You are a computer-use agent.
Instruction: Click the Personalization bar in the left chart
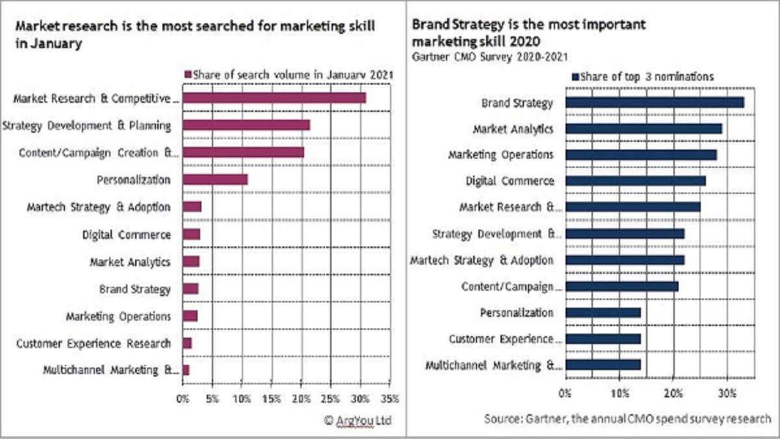point(215,180)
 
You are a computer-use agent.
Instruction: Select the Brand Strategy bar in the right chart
point(655,102)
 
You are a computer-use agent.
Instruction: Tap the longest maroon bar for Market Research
point(274,98)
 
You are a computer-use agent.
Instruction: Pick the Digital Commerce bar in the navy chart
point(635,181)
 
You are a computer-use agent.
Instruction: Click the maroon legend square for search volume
point(189,74)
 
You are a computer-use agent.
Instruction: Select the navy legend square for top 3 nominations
point(574,77)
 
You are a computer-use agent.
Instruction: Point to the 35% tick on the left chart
point(390,397)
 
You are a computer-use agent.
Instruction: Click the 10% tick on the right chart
point(619,393)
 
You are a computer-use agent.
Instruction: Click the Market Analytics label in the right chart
point(513,129)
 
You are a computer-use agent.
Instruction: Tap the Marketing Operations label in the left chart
point(118,316)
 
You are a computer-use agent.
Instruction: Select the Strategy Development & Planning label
point(87,126)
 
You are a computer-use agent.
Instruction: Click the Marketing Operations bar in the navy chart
point(641,155)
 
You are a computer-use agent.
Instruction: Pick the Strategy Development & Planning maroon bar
point(246,126)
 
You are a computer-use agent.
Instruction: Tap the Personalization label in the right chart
point(517,313)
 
